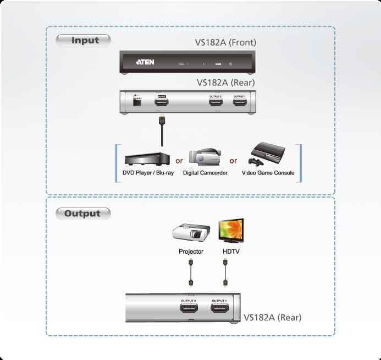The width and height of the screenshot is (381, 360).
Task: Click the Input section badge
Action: (x=84, y=40)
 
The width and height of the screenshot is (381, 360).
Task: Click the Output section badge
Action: (x=83, y=214)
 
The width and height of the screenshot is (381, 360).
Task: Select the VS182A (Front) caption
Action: (x=225, y=42)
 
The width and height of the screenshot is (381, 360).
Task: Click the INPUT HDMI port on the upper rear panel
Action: (x=162, y=102)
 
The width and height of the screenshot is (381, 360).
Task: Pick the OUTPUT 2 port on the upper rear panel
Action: (x=214, y=102)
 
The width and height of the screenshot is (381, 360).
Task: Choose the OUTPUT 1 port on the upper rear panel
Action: (x=239, y=102)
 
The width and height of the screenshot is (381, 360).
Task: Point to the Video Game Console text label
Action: (x=268, y=173)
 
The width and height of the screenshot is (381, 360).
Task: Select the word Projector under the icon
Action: (x=191, y=252)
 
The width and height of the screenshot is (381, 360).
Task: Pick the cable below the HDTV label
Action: (x=225, y=272)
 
